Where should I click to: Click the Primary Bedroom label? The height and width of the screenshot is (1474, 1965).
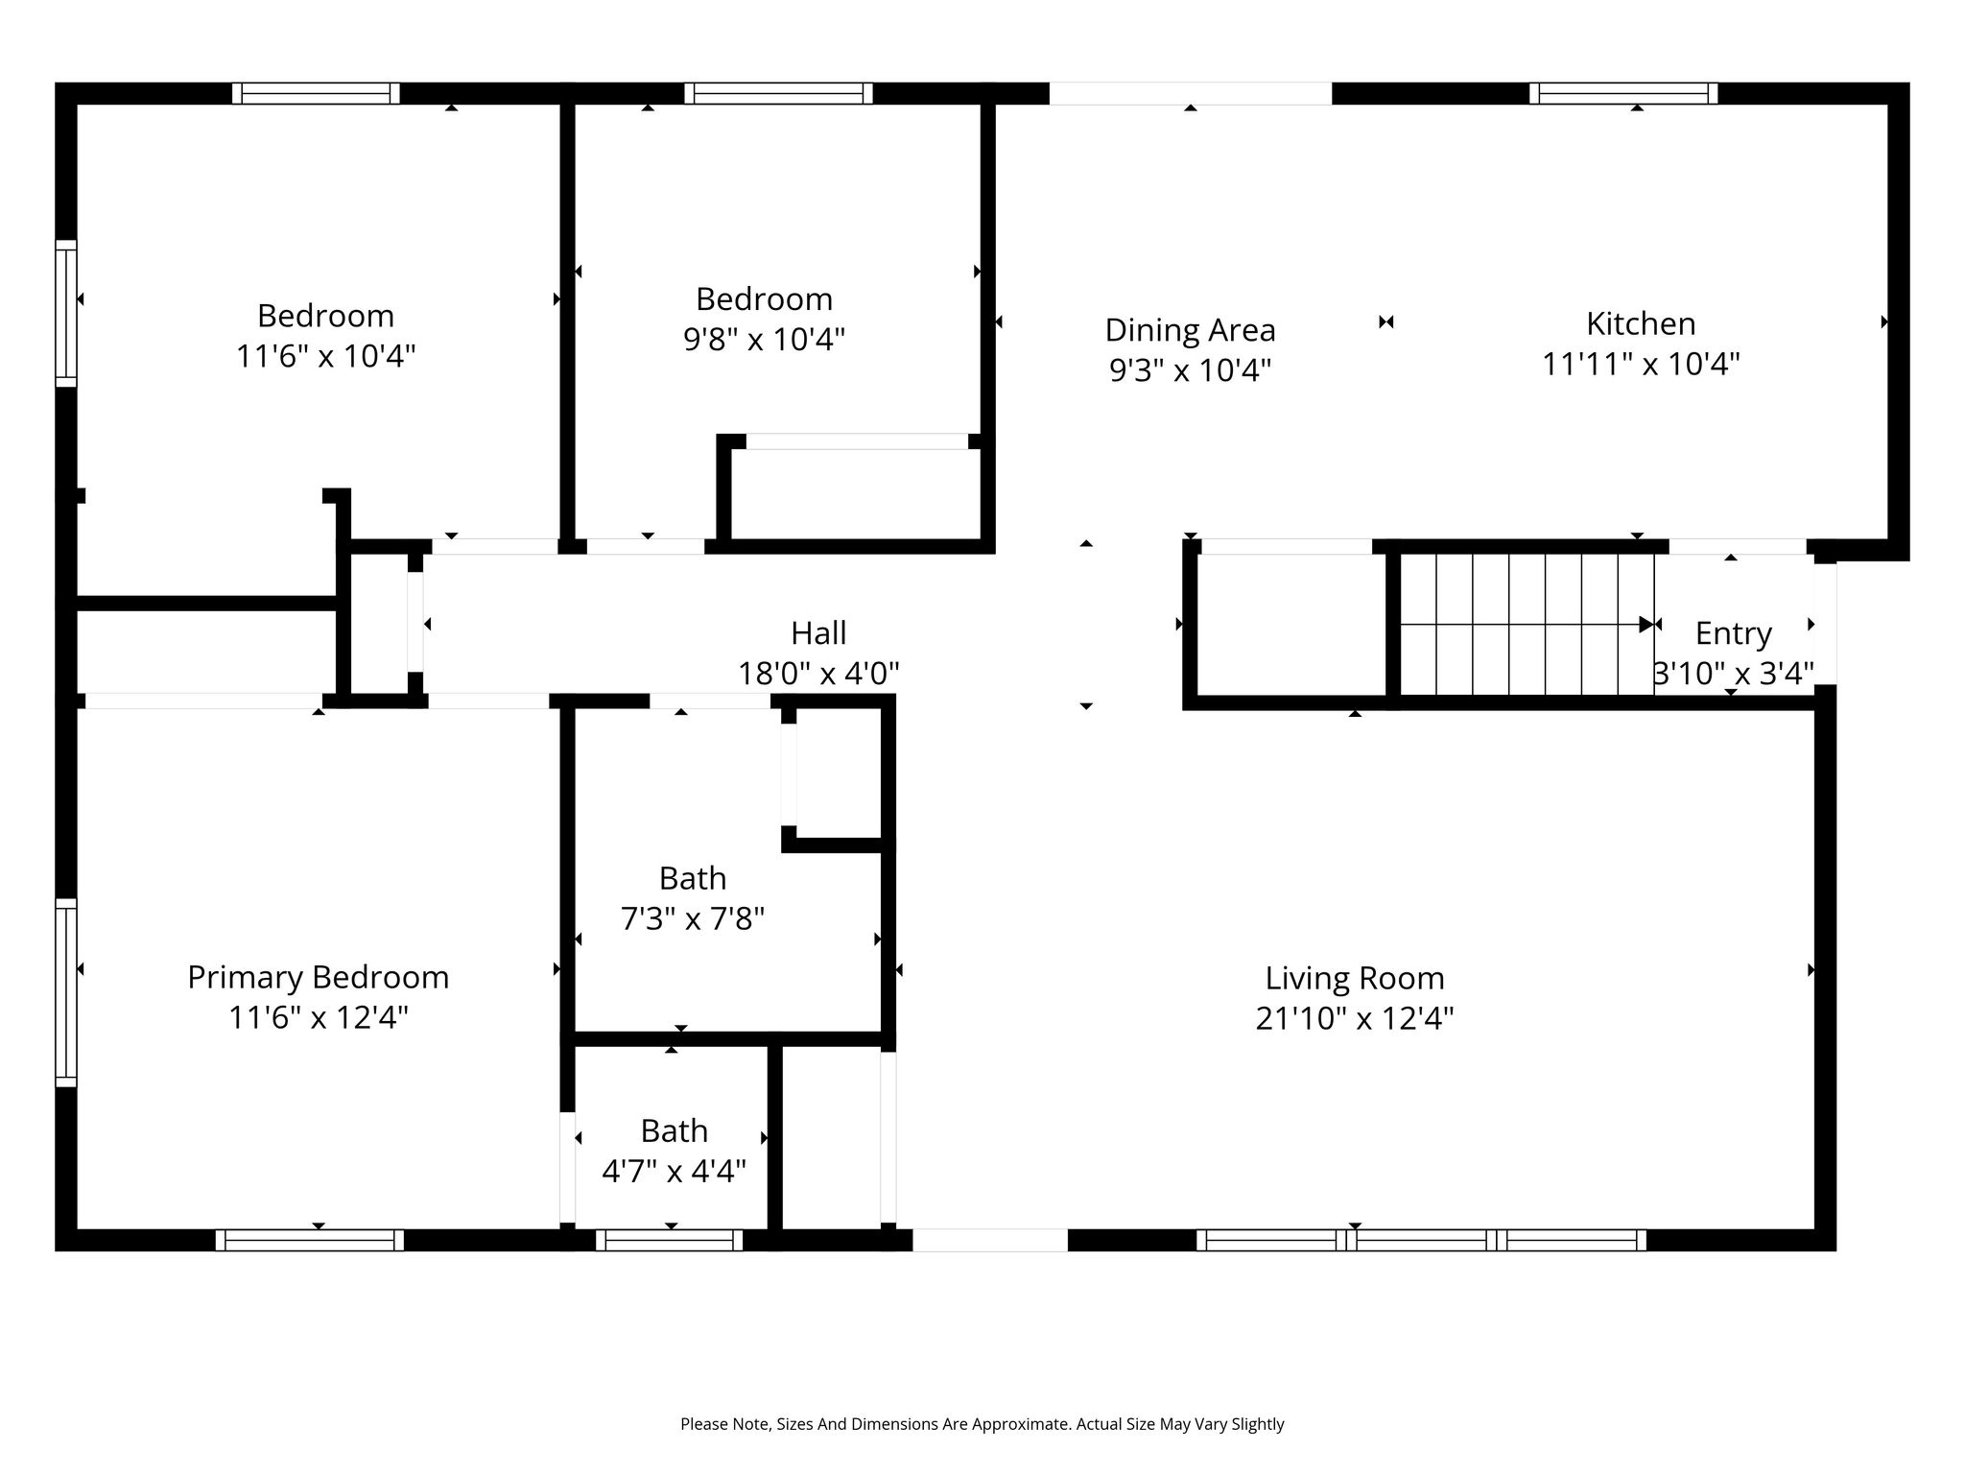(x=318, y=977)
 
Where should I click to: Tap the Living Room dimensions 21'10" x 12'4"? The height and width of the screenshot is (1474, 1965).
(x=1355, y=1018)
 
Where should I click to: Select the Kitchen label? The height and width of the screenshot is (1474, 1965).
(x=1641, y=323)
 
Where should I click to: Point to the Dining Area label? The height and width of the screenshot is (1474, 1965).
(x=1190, y=330)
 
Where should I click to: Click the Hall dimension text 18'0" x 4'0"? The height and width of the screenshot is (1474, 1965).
(x=818, y=674)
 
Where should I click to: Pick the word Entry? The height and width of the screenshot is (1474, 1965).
(x=1733, y=633)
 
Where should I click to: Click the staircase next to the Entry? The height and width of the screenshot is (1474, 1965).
(x=1527, y=624)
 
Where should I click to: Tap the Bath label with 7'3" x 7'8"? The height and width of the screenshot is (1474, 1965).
(x=692, y=878)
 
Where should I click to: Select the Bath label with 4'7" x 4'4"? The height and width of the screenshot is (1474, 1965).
(x=674, y=1130)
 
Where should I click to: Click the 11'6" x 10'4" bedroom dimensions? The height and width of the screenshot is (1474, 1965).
(x=325, y=357)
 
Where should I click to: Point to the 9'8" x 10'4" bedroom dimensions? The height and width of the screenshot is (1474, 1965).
(x=764, y=340)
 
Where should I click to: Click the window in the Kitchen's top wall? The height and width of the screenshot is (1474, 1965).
(x=1623, y=93)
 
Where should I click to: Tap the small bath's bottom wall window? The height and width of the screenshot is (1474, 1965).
(x=670, y=1240)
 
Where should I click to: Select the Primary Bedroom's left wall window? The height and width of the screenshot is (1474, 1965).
(x=65, y=992)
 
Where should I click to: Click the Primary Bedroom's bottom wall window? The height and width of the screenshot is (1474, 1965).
(x=309, y=1240)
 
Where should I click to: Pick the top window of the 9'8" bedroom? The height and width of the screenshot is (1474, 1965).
(x=778, y=93)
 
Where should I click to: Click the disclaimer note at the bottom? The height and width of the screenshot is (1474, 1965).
(x=982, y=1424)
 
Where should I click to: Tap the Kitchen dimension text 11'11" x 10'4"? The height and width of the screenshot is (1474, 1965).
(x=1641, y=365)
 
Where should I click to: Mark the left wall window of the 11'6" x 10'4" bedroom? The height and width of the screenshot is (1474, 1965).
(x=65, y=313)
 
